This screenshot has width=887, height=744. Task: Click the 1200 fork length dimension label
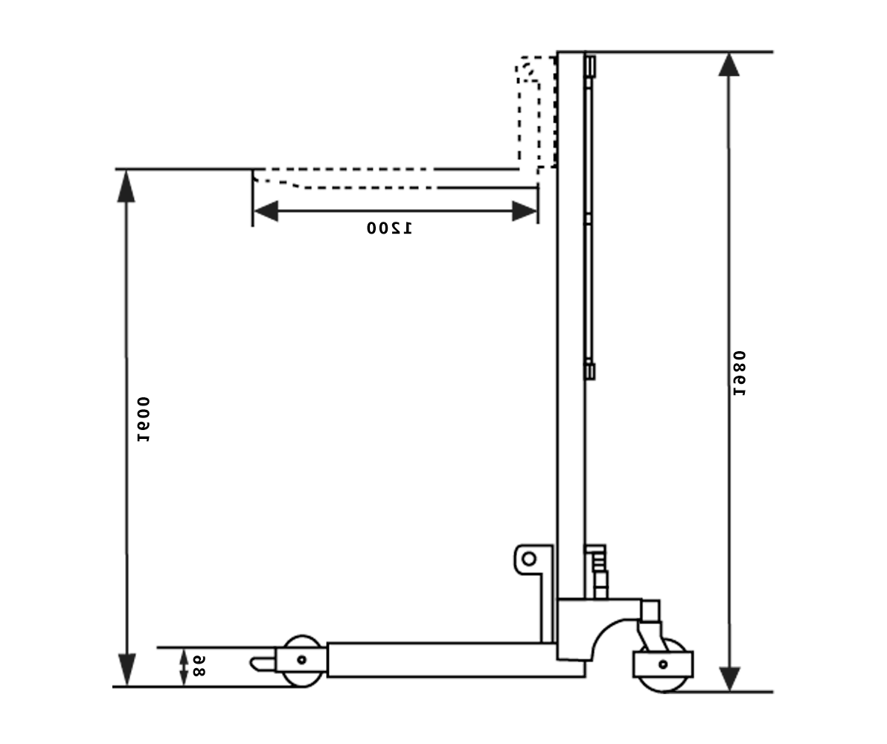pyautogui.click(x=388, y=228)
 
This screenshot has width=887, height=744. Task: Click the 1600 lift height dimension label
pyautogui.click(x=144, y=419)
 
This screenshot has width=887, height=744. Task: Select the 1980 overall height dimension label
pyautogui.click(x=739, y=373)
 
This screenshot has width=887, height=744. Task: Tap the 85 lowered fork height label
pyautogui.click(x=198, y=665)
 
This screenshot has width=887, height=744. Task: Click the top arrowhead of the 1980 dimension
pyautogui.click(x=729, y=65)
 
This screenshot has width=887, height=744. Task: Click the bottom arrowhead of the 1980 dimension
pyautogui.click(x=729, y=679)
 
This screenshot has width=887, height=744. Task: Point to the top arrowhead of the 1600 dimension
pyautogui.click(x=127, y=186)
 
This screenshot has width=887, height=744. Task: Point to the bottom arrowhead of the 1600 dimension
pyautogui.click(x=127, y=669)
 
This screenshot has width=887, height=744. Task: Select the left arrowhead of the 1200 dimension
pyautogui.click(x=266, y=211)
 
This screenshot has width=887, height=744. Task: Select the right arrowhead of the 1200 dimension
pyautogui.click(x=525, y=211)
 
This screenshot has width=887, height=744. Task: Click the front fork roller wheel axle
pyautogui.click(x=301, y=659)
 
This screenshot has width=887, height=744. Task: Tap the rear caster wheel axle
pyautogui.click(x=662, y=664)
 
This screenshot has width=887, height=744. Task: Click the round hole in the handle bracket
pyautogui.click(x=529, y=559)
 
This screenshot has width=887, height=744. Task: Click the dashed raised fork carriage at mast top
pyautogui.click(x=536, y=112)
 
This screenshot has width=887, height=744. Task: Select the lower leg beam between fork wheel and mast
pyautogui.click(x=446, y=660)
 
